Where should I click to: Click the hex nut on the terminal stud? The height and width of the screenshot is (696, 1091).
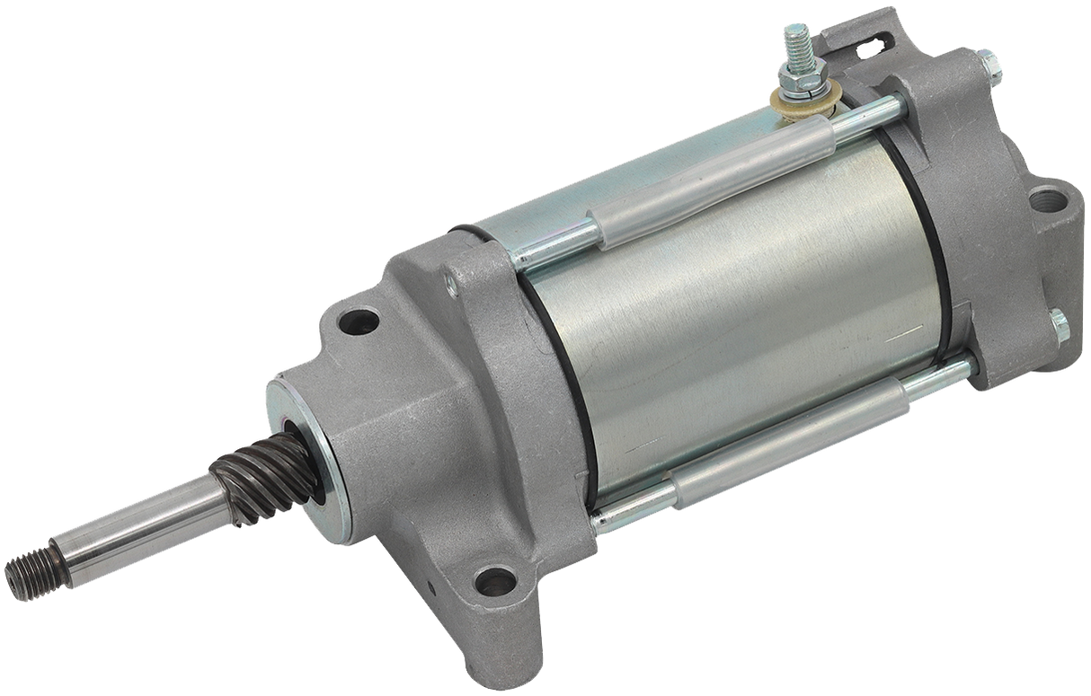click(x=798, y=75)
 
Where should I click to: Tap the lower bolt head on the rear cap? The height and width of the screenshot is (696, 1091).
click(x=1059, y=325)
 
